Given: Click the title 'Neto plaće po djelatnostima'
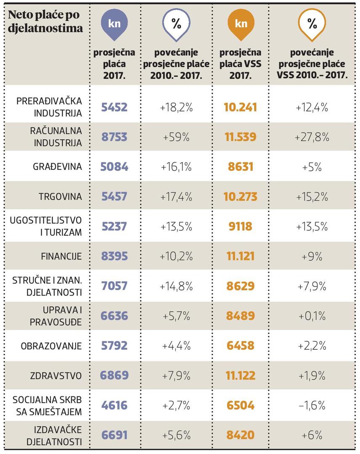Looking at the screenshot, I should (44, 22).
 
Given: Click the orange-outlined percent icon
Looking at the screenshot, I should (312, 24).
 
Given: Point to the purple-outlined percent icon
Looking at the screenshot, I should (176, 24).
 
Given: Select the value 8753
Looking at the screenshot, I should (114, 137).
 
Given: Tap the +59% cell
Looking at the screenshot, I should (176, 137).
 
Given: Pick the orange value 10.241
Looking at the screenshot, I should (241, 107).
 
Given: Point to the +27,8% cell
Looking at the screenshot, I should (312, 137).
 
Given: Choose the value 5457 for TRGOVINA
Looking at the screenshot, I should (114, 196).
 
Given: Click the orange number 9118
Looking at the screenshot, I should (241, 226).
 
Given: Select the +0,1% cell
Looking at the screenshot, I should (312, 316).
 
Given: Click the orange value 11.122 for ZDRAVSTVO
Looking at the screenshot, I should (241, 376).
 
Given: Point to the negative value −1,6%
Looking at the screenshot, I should (312, 406).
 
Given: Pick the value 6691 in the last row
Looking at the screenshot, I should (114, 436).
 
